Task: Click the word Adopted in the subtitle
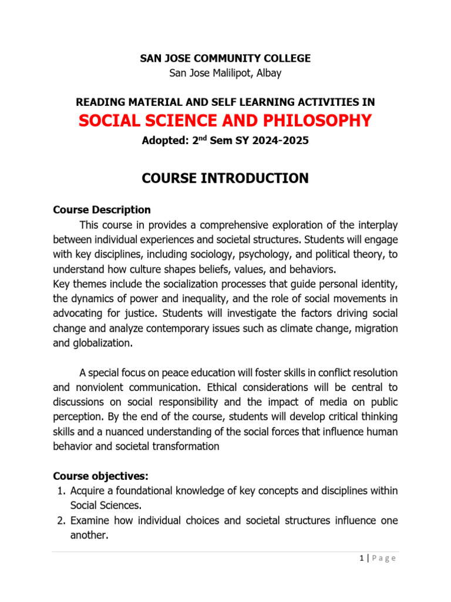pyautogui.click(x=163, y=142)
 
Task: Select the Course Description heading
pyautogui.click(x=102, y=210)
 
